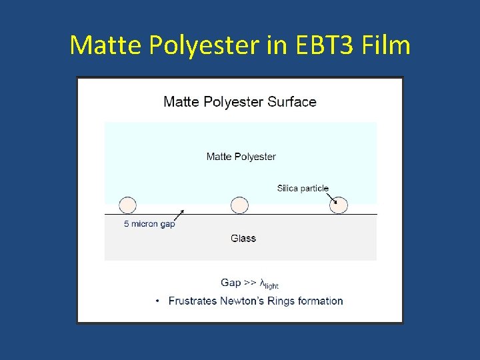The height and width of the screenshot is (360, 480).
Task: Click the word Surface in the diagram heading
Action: click(x=292, y=102)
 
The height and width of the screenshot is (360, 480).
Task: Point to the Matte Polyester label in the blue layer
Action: click(x=241, y=157)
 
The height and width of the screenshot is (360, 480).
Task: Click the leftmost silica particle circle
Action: click(x=127, y=205)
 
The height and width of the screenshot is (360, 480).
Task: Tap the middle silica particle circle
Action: click(x=239, y=205)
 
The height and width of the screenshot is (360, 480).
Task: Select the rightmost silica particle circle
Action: click(x=339, y=205)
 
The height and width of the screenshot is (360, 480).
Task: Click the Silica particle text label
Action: click(x=303, y=189)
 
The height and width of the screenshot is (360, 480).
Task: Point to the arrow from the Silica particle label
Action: click(x=333, y=197)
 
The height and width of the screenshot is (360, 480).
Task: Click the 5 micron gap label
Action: click(x=149, y=224)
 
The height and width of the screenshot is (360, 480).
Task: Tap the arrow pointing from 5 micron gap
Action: click(x=179, y=214)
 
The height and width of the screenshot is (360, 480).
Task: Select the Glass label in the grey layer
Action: click(x=243, y=238)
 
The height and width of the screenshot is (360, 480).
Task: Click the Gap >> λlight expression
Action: click(x=249, y=283)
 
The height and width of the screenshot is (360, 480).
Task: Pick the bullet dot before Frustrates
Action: click(x=157, y=301)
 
